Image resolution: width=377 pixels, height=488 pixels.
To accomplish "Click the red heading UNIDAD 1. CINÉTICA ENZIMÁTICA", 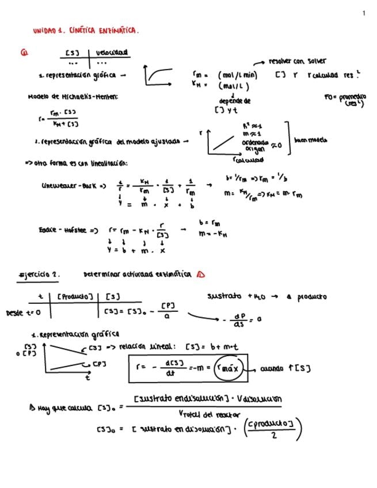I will tap(86, 30).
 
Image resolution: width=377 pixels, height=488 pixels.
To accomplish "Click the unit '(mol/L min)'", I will tap(237, 75).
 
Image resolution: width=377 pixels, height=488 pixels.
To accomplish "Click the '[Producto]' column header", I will tap(75, 297).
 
